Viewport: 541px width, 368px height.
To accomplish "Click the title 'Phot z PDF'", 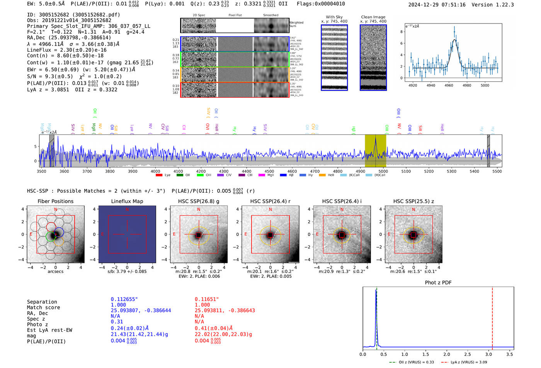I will [x=438, y=283].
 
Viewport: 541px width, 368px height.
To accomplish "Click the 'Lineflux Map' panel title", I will [x=127, y=201].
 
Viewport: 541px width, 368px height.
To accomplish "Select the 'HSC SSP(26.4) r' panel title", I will [x=270, y=201].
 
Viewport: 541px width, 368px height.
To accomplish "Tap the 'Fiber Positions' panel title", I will [x=55, y=201].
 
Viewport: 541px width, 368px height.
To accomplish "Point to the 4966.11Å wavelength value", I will [x=51, y=44].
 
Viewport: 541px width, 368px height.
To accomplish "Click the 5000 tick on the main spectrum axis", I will [x=383, y=171].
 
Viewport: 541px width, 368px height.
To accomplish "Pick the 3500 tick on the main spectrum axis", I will [x=41, y=171].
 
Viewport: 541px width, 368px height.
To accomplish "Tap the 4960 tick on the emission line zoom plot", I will [x=449, y=85].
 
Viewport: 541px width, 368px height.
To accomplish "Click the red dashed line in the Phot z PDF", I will [x=492, y=317].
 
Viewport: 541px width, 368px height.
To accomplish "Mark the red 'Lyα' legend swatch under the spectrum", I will [x=159, y=175].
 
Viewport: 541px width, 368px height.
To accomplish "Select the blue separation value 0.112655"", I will [x=124, y=299].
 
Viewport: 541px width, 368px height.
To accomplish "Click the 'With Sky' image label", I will [x=334, y=17].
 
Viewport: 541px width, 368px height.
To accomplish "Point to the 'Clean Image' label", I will [x=373, y=17].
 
